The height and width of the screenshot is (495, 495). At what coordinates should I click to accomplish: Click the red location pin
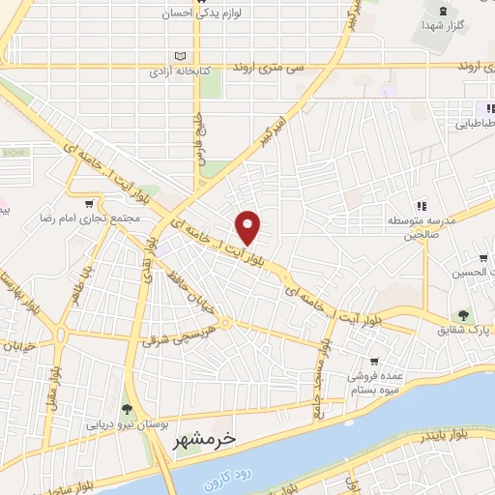[248, 226]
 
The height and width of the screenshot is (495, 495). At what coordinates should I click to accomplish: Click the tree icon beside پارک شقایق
[463, 314]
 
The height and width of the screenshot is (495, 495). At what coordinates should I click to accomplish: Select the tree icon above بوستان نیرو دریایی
[126, 409]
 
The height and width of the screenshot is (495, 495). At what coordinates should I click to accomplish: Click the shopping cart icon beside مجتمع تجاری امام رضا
[90, 204]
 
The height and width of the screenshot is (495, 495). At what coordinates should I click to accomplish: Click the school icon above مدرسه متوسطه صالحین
[421, 205]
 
